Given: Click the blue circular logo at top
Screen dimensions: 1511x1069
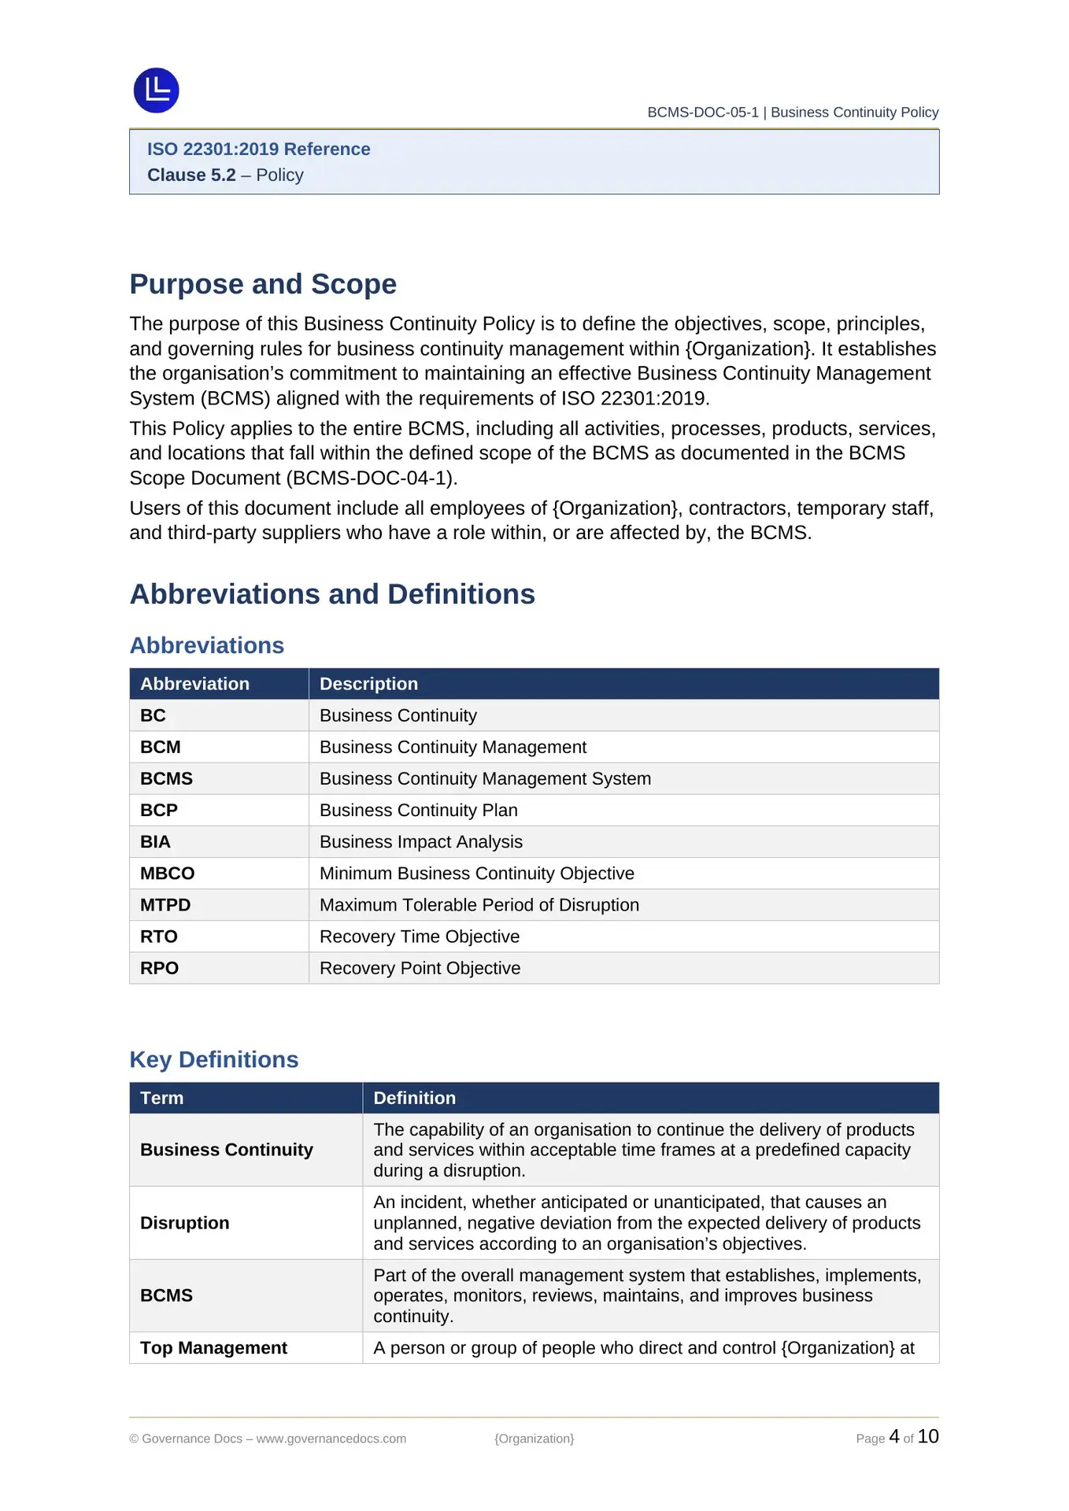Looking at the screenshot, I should pos(156,91).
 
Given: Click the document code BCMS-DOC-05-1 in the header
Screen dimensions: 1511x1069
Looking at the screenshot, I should pos(702,113).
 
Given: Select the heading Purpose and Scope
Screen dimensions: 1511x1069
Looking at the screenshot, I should pos(263,284).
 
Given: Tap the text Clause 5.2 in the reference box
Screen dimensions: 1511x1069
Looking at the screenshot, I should pos(191,175).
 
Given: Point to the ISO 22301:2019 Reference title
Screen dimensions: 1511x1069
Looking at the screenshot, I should pos(258,150).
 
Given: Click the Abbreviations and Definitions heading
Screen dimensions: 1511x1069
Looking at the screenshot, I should pos(332,594).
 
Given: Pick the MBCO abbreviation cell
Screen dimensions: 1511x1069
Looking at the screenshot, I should pos(167,874).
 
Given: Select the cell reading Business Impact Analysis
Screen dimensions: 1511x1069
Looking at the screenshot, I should pos(420,842).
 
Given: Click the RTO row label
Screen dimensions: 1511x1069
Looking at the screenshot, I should pos(159,937).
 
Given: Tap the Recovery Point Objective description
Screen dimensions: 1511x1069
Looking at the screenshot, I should pos(420,968).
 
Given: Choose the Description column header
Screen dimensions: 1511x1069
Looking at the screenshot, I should pos(368,684).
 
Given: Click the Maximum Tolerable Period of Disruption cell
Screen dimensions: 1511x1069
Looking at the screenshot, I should pos(479,905).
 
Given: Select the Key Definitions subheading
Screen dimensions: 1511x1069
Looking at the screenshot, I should pos(214,1059).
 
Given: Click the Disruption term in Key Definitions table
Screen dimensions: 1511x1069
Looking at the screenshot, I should pos(185,1223).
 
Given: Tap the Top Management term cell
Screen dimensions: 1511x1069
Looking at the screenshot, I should pos(213,1348).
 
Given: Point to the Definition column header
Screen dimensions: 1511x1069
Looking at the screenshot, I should pos(414,1098).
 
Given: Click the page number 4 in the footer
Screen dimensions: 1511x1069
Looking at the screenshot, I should pos(893,1436).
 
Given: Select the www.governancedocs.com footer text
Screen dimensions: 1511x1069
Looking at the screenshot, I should pos(331,1439).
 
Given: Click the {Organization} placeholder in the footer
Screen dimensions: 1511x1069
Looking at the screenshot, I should pos(534,1439).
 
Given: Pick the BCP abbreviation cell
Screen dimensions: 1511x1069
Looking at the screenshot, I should pos(159,811).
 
